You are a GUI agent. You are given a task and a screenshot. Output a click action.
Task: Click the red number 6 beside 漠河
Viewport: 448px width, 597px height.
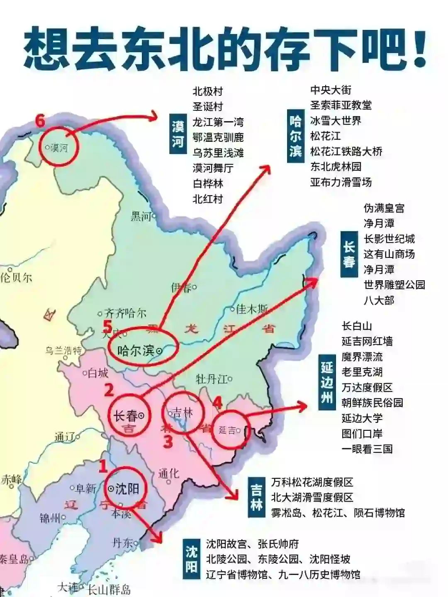[40, 121]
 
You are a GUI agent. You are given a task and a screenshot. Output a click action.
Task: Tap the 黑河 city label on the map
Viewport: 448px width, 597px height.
[141, 216]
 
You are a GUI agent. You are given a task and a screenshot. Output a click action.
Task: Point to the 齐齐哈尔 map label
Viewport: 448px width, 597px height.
[124, 313]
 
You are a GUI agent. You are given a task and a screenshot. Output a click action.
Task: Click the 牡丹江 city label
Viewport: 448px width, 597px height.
[212, 379]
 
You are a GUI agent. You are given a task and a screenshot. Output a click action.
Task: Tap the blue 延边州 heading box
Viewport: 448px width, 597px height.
[327, 382]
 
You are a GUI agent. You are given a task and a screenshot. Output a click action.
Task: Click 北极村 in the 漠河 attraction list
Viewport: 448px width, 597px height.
[208, 91]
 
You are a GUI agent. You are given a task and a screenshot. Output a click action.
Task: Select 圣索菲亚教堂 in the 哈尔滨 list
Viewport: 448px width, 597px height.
[341, 105]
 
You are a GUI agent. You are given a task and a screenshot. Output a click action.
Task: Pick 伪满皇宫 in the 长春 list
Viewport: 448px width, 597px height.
[384, 208]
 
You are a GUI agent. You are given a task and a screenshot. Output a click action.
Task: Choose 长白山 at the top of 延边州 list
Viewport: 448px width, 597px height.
[357, 326]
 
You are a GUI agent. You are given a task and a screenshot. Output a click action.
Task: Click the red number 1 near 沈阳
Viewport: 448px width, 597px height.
[102, 466]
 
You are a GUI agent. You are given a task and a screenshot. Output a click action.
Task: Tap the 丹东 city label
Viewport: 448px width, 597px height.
[123, 543]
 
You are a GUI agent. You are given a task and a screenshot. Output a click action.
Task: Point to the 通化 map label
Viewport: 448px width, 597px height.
[169, 473]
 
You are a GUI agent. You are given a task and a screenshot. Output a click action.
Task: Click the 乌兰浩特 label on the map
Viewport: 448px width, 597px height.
[63, 351]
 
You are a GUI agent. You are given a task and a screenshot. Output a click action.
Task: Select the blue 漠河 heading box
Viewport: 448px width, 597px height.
[178, 134]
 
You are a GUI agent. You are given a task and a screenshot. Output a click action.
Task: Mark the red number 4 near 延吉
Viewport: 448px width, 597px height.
[217, 402]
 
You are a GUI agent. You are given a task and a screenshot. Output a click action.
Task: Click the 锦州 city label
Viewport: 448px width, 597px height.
[50, 518]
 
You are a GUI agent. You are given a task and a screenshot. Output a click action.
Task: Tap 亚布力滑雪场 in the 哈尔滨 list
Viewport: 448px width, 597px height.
[341, 182]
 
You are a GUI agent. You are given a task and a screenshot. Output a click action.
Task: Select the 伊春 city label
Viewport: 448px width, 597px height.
[181, 287]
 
